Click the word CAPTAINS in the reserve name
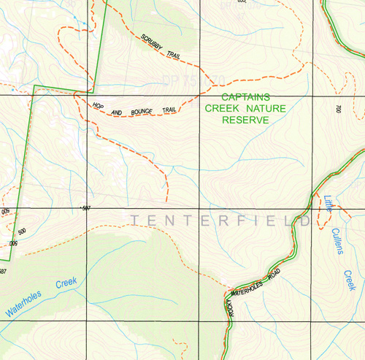pos(245,97)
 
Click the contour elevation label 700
pos(339,110)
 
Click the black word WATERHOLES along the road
pos(247,286)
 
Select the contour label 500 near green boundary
pos(22,231)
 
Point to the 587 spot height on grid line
pos(86,209)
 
